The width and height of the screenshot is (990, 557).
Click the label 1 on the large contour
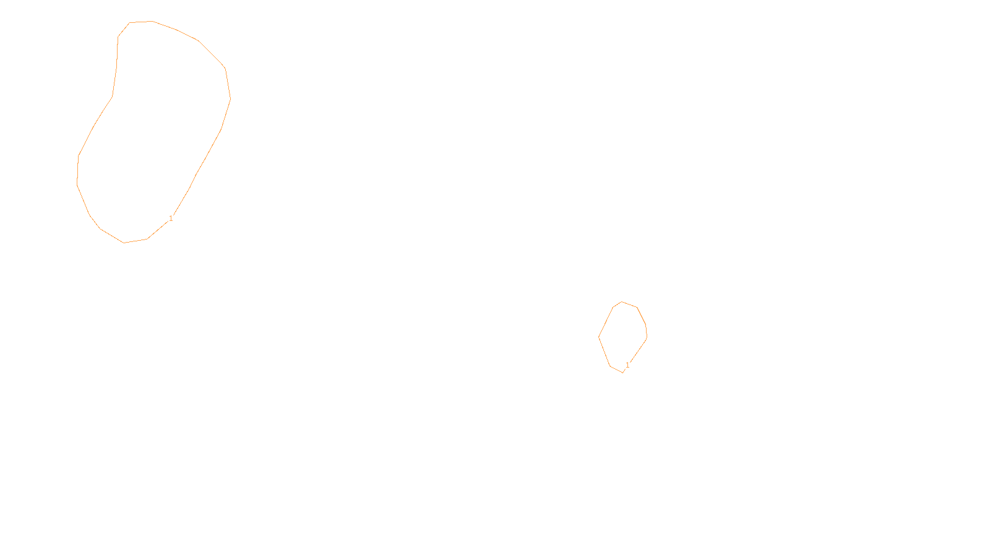click(x=171, y=218)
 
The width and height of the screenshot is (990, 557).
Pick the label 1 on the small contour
click(x=627, y=365)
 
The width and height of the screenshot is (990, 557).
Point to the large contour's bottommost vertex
click(x=124, y=243)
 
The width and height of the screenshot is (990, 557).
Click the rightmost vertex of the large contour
click(x=231, y=98)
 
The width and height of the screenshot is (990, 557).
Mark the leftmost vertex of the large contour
click(x=77, y=184)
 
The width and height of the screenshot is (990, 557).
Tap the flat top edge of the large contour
click(x=140, y=22)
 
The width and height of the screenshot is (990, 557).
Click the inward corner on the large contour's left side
click(x=112, y=97)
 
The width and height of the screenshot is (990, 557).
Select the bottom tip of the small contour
click(x=622, y=372)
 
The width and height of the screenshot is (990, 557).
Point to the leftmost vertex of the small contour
click(x=599, y=337)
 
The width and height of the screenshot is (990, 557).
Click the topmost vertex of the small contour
click(x=622, y=302)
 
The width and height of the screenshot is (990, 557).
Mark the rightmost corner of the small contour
click(x=647, y=338)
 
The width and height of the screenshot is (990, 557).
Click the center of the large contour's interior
click(x=155, y=130)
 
